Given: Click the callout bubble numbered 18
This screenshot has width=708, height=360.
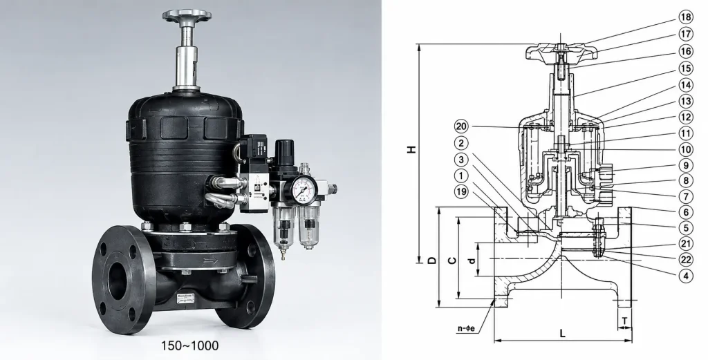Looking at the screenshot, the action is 685,17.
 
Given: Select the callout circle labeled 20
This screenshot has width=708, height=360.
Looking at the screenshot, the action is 461,126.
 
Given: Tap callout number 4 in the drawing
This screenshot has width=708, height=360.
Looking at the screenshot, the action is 685,275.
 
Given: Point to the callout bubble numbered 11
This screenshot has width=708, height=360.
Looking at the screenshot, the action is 685,133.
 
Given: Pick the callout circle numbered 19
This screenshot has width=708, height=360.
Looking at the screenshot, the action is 461,191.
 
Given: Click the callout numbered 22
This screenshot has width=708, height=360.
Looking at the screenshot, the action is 685,259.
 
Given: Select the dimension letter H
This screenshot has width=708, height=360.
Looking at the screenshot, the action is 411,149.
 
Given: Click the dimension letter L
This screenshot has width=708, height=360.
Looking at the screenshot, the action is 563,334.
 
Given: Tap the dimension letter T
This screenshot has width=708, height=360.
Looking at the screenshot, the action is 624,321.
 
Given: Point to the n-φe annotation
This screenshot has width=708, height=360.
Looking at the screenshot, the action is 465,328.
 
